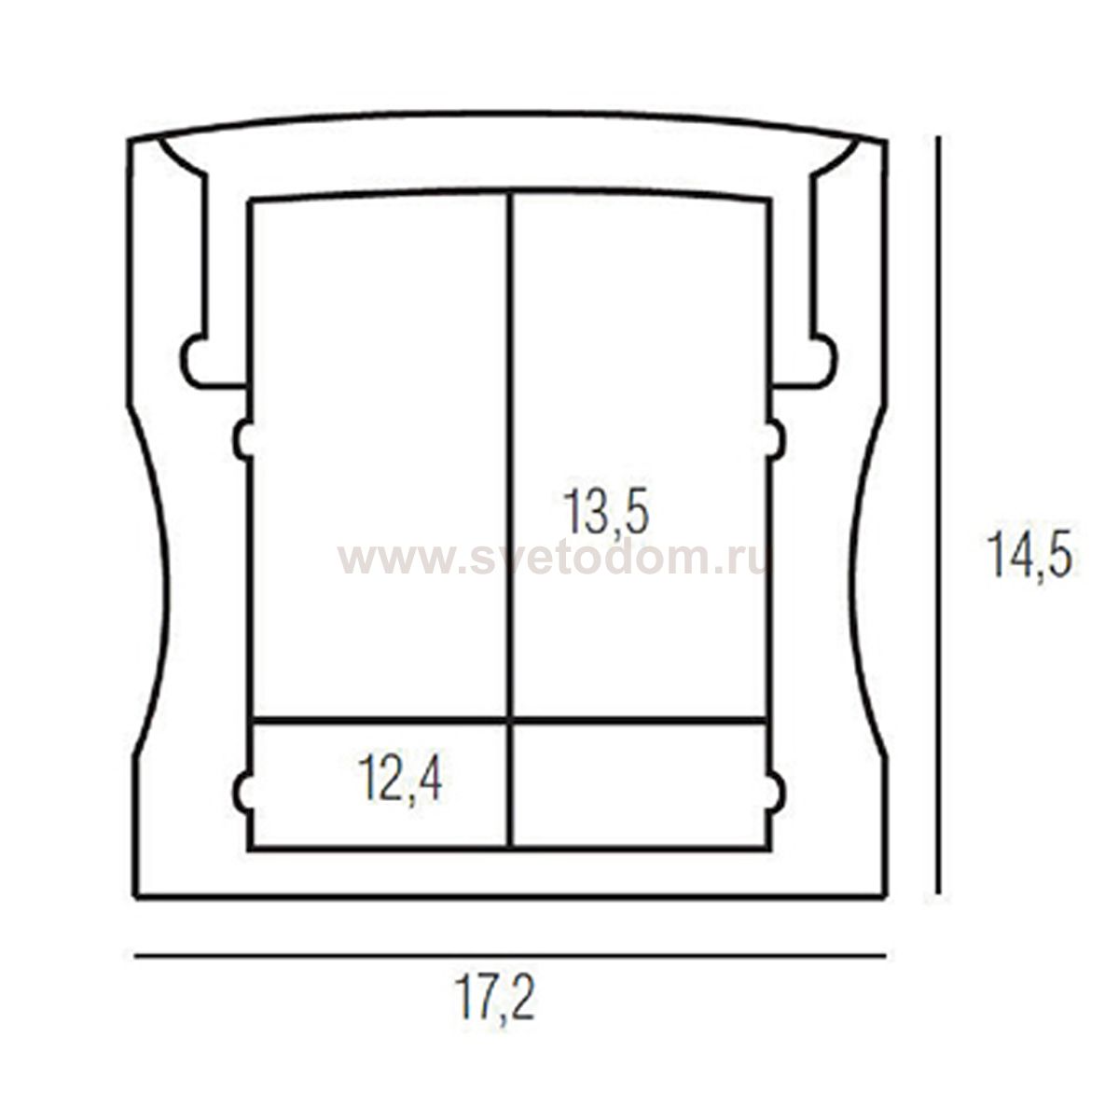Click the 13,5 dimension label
pos(605,512)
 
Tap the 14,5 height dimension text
pos(1030,557)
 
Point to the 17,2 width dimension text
pos(495,999)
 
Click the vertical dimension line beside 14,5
pos(938,513)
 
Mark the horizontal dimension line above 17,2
pos(509,956)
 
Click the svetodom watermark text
pos(552,559)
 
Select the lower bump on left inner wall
pos(242,792)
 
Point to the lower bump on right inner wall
pos(776,792)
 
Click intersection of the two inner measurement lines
pos(510,721)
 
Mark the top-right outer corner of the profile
pos(885,142)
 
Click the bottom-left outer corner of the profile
pos(136,897)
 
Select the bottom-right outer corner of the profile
pos(882,897)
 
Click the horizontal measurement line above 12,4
pos(382,721)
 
